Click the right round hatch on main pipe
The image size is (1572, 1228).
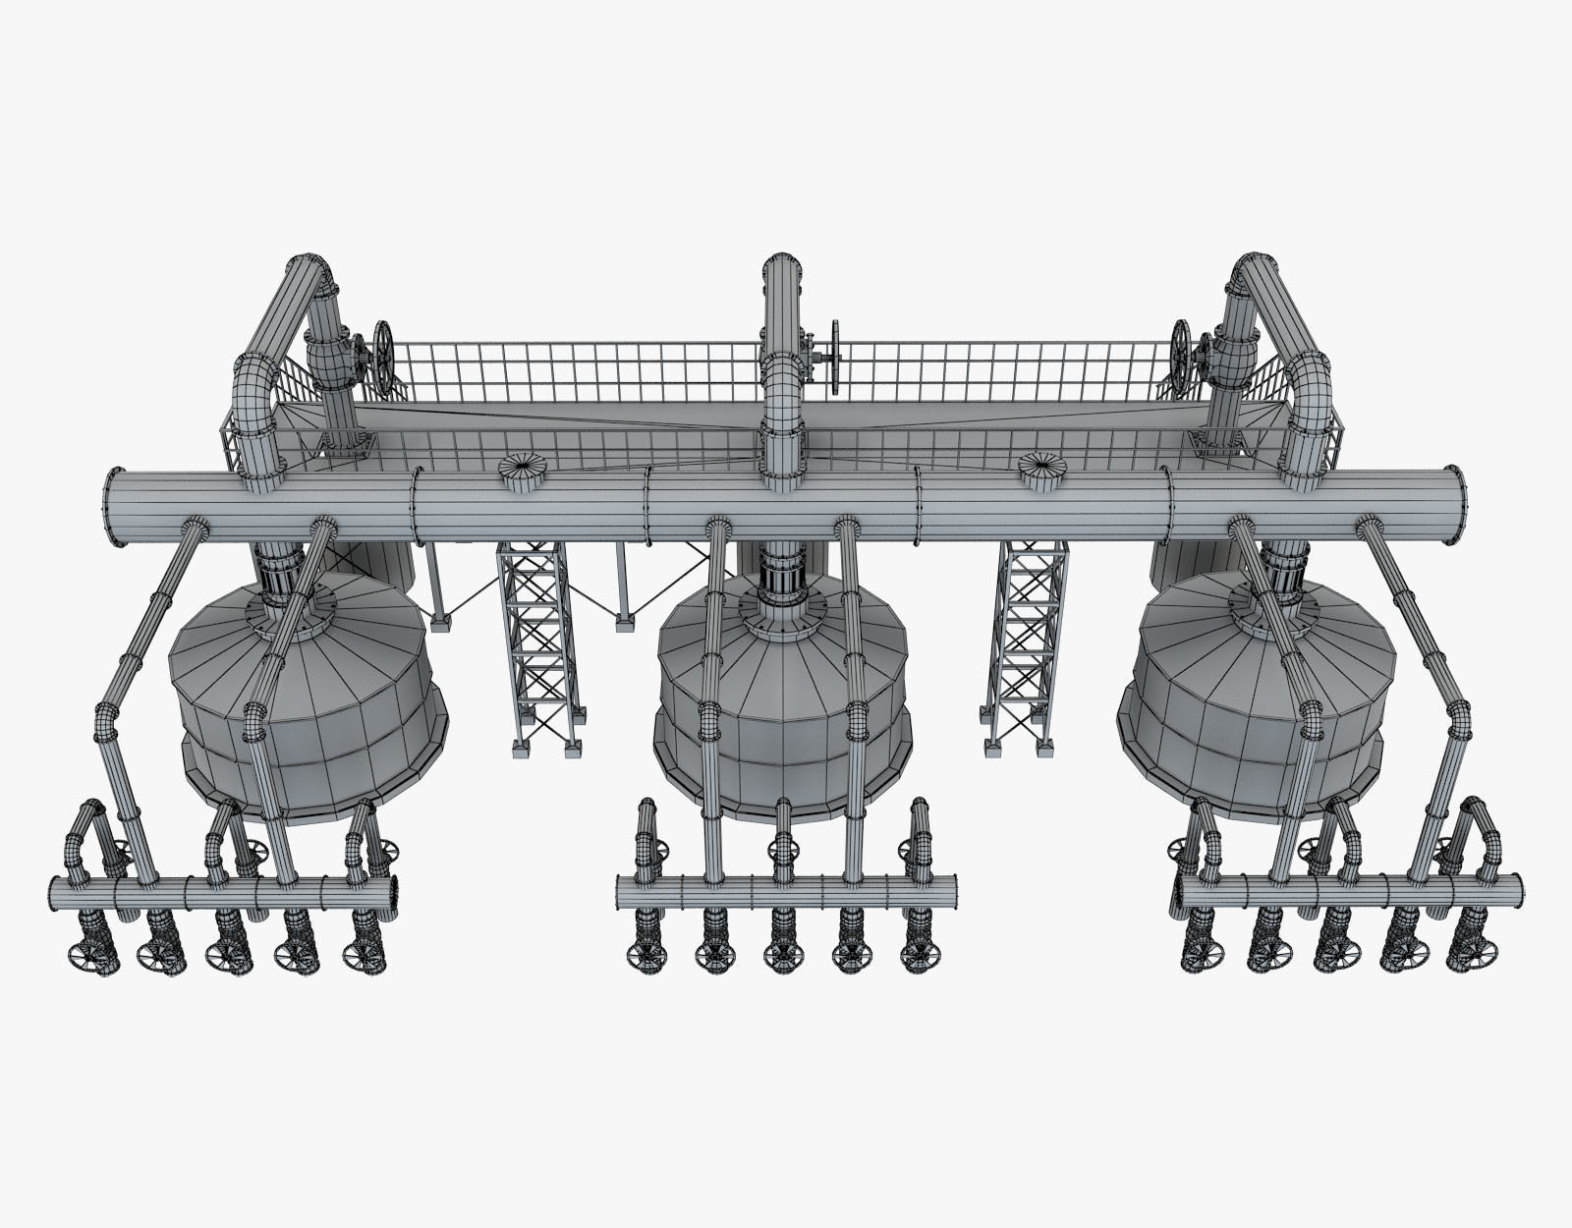coord(1044,465)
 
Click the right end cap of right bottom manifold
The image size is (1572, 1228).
coord(1520,891)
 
